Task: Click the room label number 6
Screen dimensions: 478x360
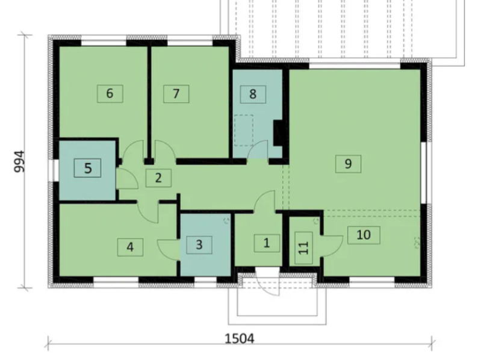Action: (110, 93)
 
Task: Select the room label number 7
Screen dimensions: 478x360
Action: (176, 94)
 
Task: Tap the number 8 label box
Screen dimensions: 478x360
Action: (253, 95)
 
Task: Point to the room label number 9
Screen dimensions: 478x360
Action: (348, 164)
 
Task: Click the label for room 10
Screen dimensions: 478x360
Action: (364, 235)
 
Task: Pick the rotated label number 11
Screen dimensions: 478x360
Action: (304, 248)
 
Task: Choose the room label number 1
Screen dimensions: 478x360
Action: (267, 243)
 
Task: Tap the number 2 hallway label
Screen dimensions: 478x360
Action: (158, 178)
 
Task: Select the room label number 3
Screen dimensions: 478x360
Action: (199, 244)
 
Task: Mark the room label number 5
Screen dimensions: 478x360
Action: (88, 169)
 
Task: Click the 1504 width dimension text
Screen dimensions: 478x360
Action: (240, 339)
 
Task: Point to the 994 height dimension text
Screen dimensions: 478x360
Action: (19, 161)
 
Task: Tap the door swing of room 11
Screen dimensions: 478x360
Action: (332, 246)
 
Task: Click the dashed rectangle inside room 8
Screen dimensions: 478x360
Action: (244, 130)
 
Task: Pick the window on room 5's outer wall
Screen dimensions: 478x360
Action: (55, 171)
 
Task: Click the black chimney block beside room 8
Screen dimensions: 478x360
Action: (279, 133)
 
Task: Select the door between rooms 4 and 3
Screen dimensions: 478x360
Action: (168, 250)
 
